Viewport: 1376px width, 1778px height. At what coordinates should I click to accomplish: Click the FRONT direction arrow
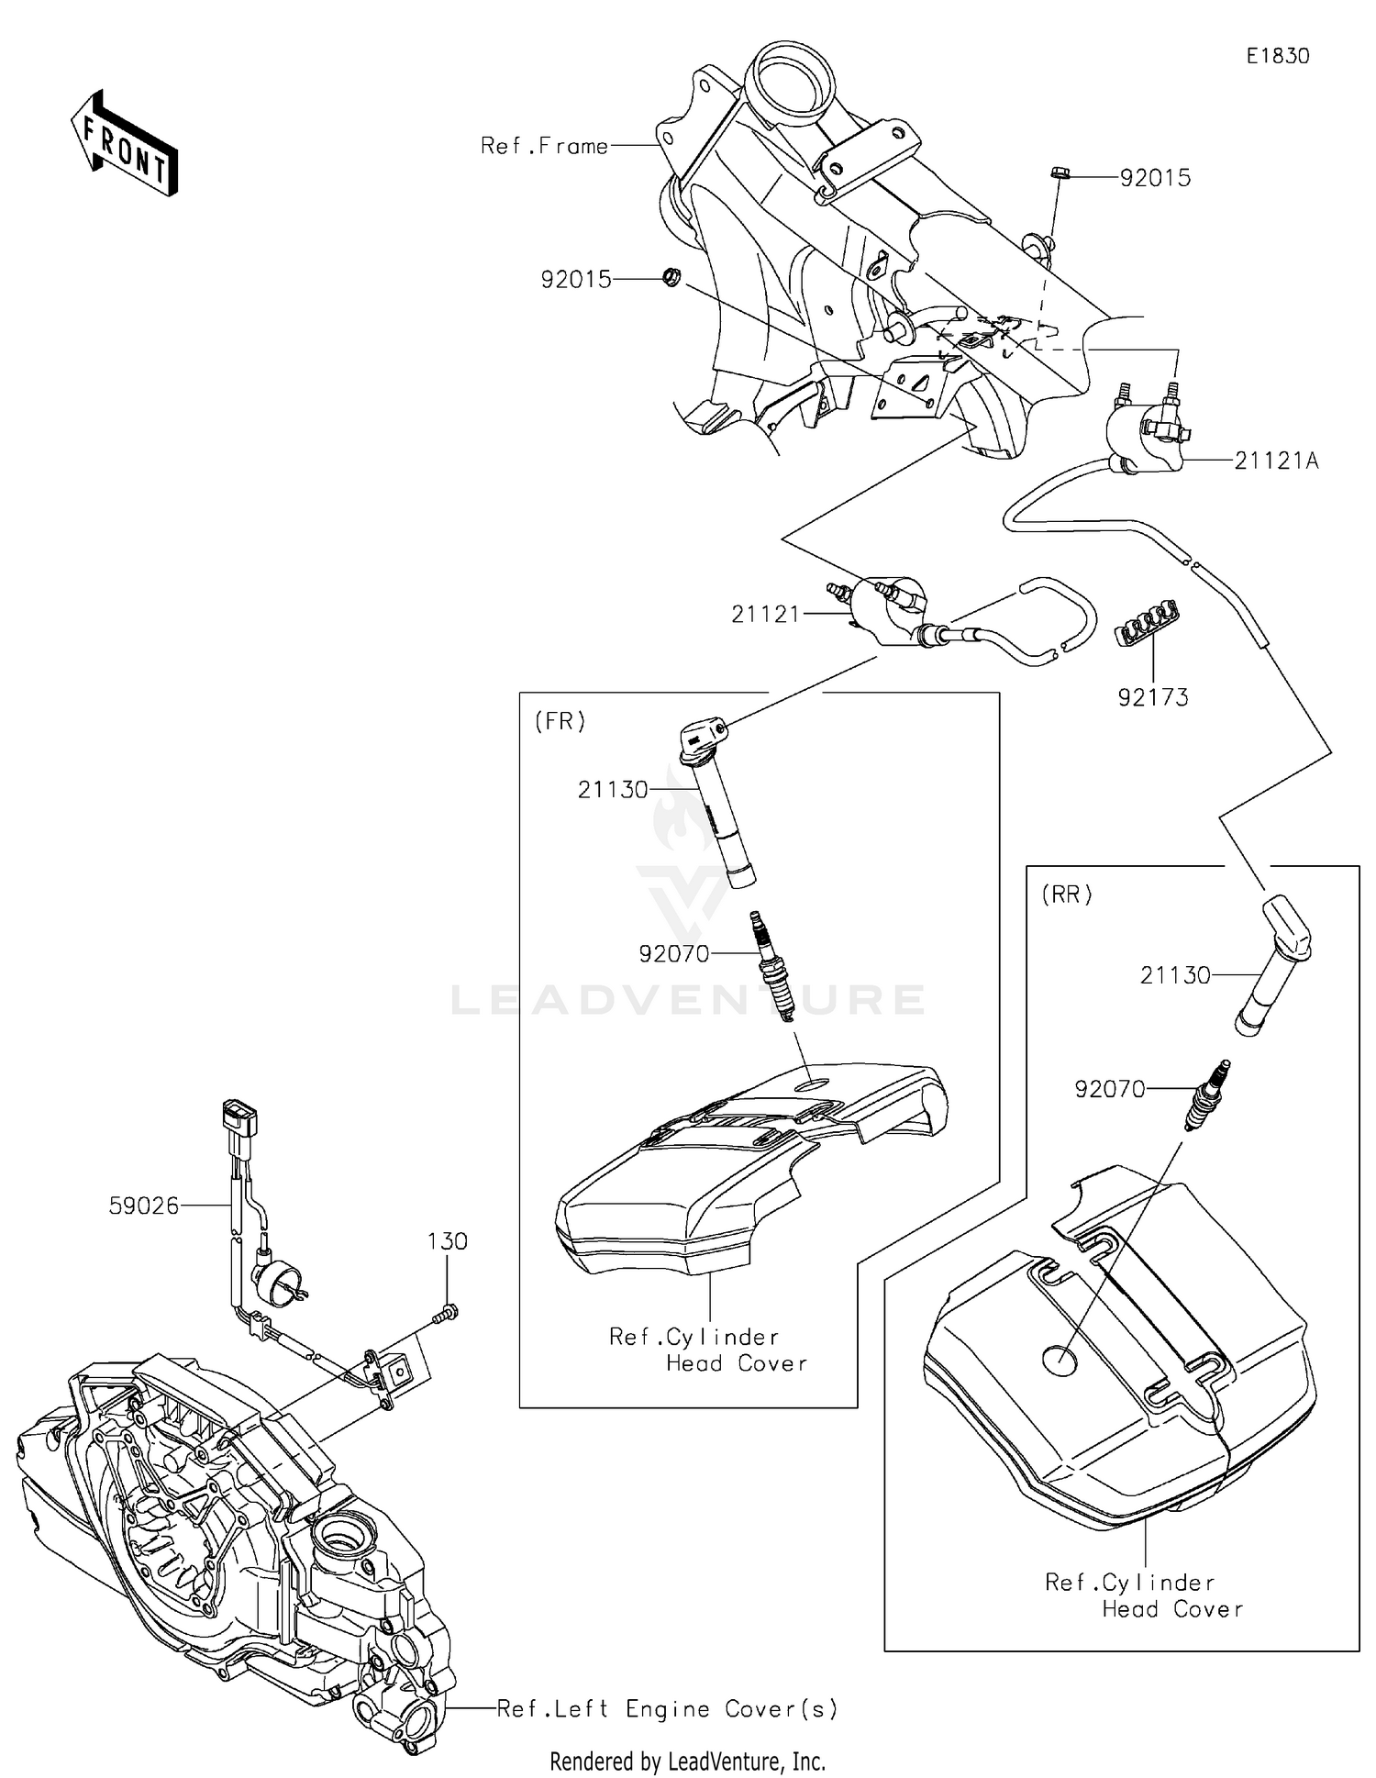125,143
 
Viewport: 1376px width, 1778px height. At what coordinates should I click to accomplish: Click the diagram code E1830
1277,56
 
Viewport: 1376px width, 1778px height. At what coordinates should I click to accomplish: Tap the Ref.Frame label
544,146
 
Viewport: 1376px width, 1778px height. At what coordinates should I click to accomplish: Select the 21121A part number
1276,461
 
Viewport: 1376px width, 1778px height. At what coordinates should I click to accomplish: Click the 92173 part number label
1152,697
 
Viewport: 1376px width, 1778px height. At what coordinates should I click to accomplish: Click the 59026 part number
144,1206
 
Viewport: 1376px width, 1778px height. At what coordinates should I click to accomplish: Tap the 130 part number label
447,1241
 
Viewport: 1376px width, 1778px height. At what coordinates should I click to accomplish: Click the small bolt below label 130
446,1313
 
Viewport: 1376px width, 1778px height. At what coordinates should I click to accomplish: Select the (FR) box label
560,721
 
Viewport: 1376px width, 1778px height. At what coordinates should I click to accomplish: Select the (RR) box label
1067,894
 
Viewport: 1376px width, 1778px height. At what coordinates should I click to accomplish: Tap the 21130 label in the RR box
1175,974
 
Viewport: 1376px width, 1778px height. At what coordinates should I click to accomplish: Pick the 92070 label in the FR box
674,954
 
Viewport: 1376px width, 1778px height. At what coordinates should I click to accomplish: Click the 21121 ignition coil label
766,614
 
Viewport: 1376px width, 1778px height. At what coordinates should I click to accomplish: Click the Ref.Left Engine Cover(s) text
667,1708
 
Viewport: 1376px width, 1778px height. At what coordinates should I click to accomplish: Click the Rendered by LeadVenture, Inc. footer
687,1761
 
